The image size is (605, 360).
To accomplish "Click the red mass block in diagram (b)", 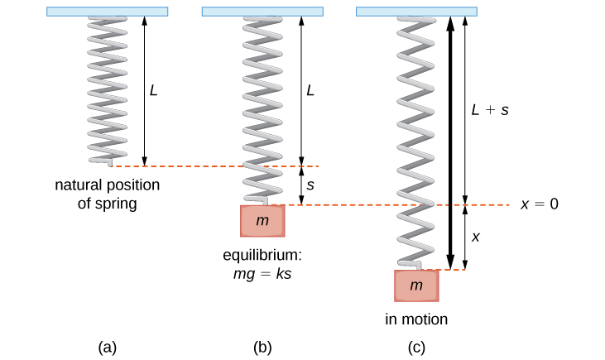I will click(263, 221).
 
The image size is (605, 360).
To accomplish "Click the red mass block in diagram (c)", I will click(416, 286).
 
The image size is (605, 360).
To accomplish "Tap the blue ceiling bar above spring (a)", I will click(108, 12).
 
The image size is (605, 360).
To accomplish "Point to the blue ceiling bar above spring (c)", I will click(417, 12).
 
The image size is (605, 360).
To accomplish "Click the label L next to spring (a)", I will click(154, 89).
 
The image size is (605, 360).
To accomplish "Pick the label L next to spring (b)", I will click(310, 89).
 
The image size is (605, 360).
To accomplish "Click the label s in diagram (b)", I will click(310, 185).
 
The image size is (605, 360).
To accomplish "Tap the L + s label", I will click(489, 108).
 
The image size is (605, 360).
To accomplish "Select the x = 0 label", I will click(540, 204).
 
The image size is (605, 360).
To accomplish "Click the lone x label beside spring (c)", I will click(475, 236).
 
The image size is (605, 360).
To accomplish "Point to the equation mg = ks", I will click(263, 271).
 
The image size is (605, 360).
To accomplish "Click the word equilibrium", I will click(262, 254).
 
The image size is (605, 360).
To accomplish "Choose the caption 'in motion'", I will click(416, 319).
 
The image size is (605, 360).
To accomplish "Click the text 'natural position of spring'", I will click(108, 194).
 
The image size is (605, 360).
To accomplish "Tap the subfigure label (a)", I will click(107, 348).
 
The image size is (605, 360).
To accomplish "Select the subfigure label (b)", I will click(262, 348).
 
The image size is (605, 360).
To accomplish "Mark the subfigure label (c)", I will click(416, 348).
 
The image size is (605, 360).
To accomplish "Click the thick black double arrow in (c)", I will click(449, 141).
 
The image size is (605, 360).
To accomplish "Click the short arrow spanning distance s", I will click(301, 185).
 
